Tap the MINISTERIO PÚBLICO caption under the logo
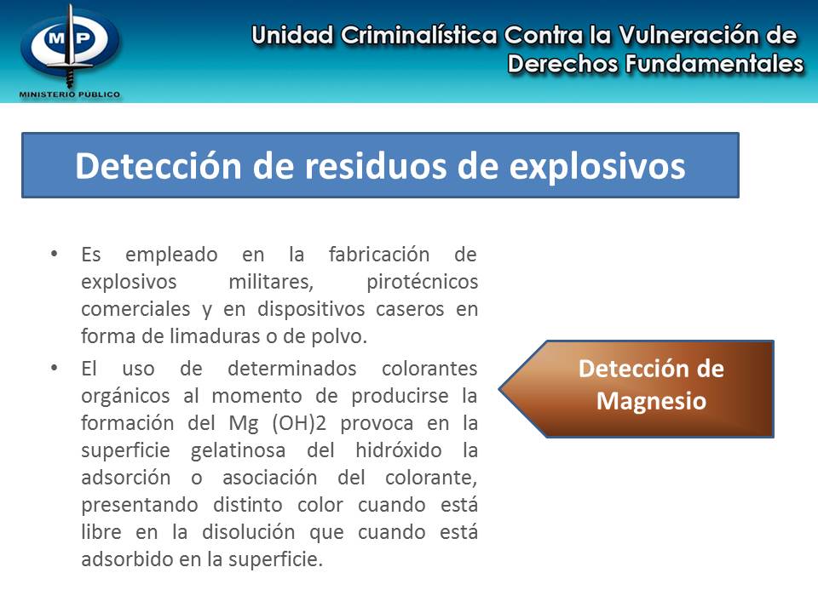70,95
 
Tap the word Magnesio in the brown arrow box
651,400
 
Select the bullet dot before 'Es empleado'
55,254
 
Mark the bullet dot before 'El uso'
55,368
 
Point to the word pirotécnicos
423,282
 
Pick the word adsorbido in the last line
120,560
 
